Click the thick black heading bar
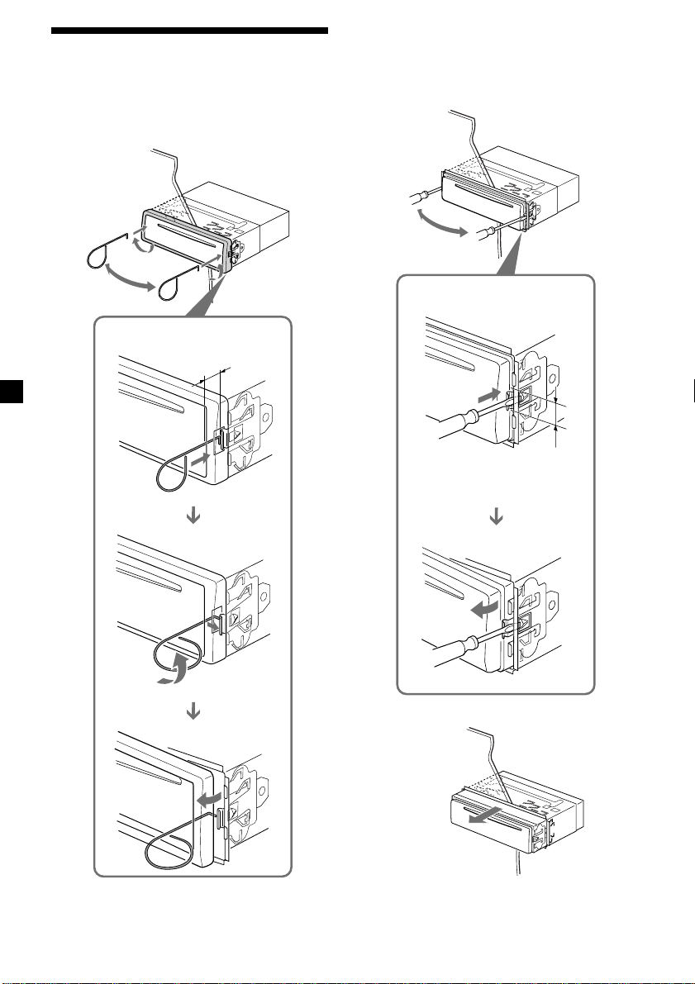[190, 31]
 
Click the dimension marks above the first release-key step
[213, 378]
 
